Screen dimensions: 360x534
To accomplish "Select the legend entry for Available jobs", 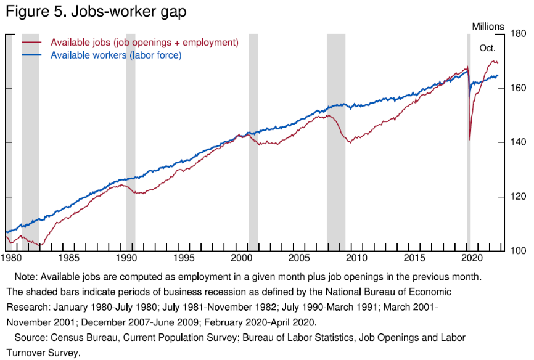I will pyautogui.click(x=144, y=43).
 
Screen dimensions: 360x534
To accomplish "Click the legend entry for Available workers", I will pyautogui.click(x=116, y=55).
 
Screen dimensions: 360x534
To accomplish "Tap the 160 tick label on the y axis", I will pyautogui.click(x=517, y=89).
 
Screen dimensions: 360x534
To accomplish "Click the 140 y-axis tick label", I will pyautogui.click(x=517, y=143).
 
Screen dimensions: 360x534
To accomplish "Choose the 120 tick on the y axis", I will pyautogui.click(x=517, y=197).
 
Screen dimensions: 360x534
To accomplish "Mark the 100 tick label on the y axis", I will pyautogui.click(x=517, y=251).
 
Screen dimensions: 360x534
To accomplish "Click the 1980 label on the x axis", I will pyautogui.click(x=12, y=257).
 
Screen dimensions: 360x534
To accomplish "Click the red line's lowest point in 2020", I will pyautogui.click(x=470, y=139).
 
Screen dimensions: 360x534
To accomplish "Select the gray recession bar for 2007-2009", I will pyautogui.click(x=336, y=142).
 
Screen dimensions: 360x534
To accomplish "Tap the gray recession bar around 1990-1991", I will pyautogui.click(x=130, y=142).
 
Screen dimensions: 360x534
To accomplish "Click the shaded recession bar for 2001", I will pyautogui.click(x=253, y=142).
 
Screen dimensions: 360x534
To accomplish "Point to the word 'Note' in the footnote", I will pyautogui.click(x=26, y=276).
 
